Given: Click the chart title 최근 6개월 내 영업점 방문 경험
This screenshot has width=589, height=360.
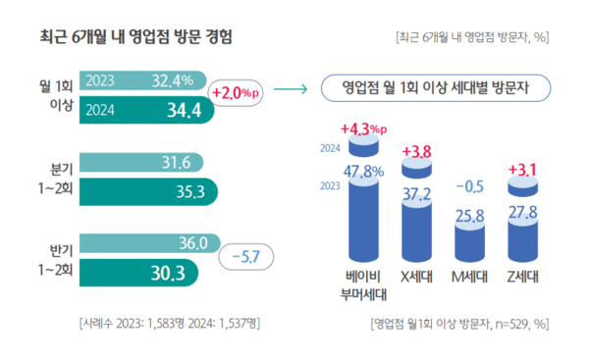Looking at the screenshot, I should [135, 38].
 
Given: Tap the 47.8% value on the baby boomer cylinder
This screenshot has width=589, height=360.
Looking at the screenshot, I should [365, 172].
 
